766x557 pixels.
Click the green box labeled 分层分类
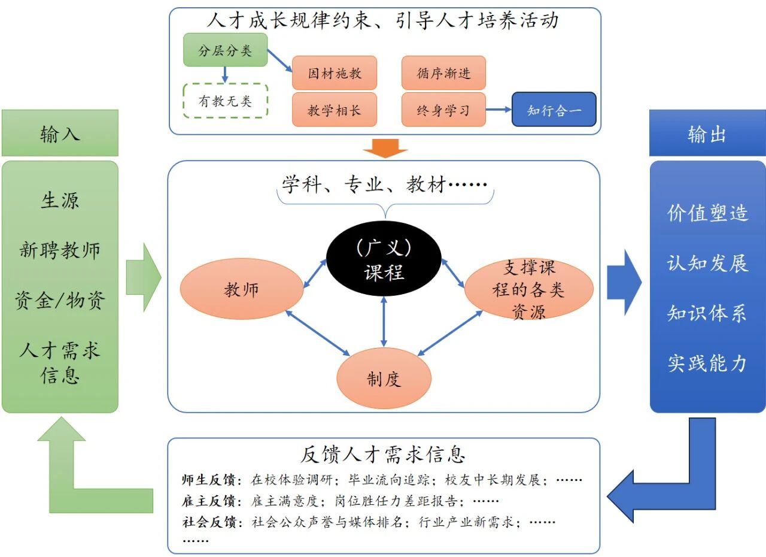point(225,51)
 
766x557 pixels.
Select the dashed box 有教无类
point(225,101)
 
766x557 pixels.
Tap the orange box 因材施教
point(335,73)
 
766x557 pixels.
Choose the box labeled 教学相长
point(335,110)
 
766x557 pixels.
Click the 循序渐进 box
point(443,73)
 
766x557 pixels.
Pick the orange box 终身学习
point(443,110)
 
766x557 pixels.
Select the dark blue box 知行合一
point(554,110)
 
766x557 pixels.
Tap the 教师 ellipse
point(242,289)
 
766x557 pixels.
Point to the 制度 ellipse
point(384,379)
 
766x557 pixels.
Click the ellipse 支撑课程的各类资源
point(528,289)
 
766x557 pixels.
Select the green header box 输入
point(60,134)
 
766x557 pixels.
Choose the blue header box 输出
point(707,134)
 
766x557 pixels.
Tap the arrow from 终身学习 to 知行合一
point(498,110)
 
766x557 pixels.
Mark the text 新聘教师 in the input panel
point(60,250)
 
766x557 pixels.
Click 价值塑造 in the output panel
point(707,213)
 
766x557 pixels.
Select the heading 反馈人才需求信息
point(383,455)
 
